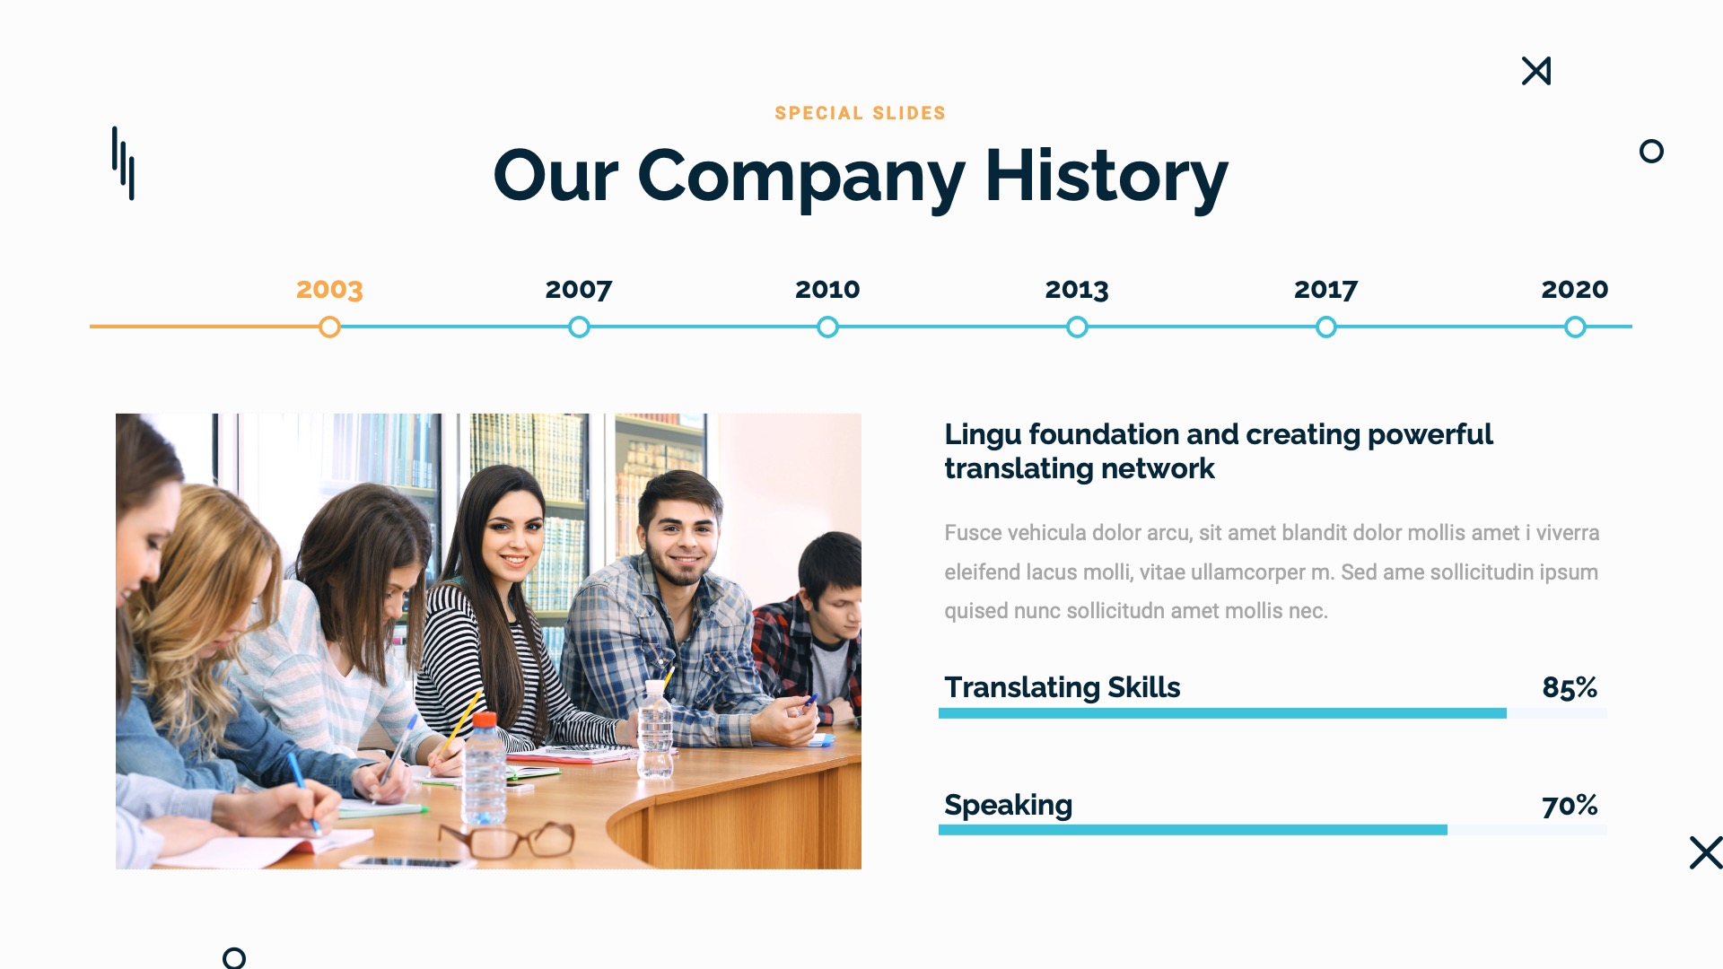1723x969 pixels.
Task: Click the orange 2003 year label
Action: (329, 289)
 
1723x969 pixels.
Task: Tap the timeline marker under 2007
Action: (579, 327)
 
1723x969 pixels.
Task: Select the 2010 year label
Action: (827, 289)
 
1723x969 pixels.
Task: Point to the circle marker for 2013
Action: (1077, 327)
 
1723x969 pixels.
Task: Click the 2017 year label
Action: (1325, 289)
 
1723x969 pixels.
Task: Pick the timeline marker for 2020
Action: (1575, 327)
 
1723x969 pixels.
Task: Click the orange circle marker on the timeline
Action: (329, 327)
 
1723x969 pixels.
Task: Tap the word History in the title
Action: (1106, 177)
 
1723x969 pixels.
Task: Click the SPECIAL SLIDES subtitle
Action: (860, 113)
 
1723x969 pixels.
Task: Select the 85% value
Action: (1570, 687)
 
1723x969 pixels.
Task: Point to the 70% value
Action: (1570, 805)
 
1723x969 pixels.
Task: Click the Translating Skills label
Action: (1062, 687)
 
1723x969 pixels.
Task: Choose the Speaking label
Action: (1008, 805)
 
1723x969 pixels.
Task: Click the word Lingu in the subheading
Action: (983, 434)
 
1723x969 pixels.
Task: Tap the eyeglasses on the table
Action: (508, 840)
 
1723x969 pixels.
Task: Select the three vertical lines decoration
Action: (124, 163)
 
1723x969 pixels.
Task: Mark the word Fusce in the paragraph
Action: (972, 533)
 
